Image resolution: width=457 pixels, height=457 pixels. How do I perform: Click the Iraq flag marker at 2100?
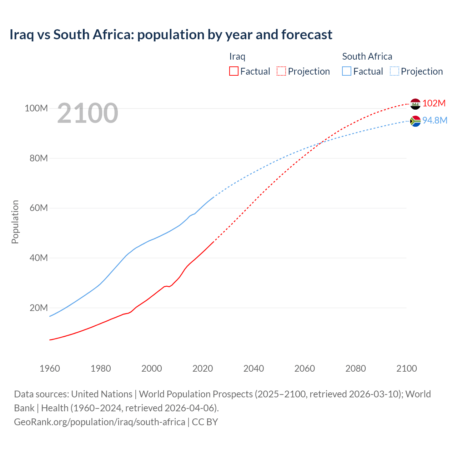tap(415, 104)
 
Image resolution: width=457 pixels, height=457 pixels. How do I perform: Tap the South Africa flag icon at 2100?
tap(415, 121)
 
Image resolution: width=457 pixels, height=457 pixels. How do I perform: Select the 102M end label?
tap(434, 103)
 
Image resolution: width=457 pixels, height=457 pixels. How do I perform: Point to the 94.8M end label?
tap(435, 120)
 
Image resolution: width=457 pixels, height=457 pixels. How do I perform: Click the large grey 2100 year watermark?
tap(87, 113)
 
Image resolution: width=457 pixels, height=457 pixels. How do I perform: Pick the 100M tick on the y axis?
tap(36, 108)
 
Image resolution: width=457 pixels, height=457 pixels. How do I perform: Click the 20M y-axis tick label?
tap(38, 308)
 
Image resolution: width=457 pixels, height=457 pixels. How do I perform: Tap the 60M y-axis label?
tap(38, 208)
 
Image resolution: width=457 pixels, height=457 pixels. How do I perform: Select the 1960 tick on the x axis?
tap(50, 368)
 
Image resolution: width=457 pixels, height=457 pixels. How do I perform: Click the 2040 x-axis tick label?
tap(253, 368)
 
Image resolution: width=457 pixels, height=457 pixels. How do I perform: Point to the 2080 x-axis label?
tap(356, 368)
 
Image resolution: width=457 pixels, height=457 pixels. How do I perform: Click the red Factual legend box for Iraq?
tap(234, 71)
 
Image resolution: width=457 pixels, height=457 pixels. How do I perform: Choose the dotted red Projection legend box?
tap(281, 71)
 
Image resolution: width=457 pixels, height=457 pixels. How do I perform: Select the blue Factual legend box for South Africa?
tap(347, 71)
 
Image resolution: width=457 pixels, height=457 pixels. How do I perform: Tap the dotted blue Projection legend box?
tap(394, 71)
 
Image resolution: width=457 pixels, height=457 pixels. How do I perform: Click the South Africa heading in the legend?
tap(367, 56)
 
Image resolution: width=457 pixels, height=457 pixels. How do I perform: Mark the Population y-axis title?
tap(15, 222)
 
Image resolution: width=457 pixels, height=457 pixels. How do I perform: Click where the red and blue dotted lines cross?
tap(320, 142)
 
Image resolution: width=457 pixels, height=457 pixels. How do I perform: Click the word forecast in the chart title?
tap(307, 35)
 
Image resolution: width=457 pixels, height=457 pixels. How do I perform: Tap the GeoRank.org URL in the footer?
tap(99, 422)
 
